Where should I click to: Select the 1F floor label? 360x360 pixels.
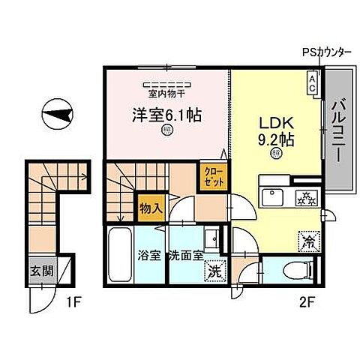tap(72, 305)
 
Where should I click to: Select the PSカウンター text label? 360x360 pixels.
tap(326, 53)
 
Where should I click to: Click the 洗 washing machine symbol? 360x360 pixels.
tap(214, 271)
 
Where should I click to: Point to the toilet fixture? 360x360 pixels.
tap(296, 270)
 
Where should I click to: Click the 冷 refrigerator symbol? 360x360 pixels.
tap(309, 241)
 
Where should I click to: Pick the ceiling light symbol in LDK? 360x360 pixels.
tap(276, 154)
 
